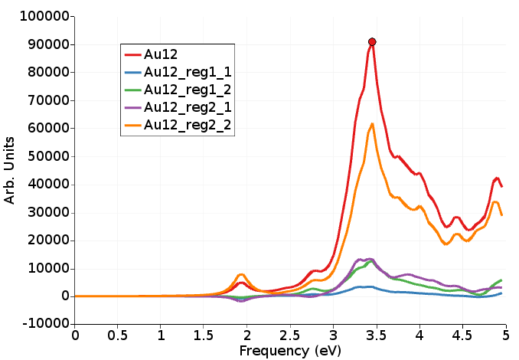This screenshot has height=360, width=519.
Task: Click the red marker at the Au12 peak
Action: tap(372, 42)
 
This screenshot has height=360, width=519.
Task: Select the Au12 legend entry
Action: tap(161, 54)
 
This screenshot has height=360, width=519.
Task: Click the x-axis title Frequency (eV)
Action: tap(289, 350)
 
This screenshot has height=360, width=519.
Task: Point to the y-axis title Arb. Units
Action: tap(10, 170)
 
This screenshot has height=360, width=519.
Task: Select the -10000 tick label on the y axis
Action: tap(38, 325)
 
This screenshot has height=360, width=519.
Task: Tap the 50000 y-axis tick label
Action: tap(41, 156)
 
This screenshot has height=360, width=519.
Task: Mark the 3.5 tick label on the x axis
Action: tap(376, 335)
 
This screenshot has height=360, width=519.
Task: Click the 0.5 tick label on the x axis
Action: tap(118, 335)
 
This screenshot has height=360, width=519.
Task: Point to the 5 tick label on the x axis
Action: tap(505, 335)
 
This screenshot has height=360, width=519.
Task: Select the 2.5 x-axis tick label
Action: tap(290, 335)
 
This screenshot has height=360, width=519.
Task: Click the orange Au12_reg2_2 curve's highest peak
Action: tap(372, 124)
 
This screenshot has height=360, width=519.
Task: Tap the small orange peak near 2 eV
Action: tap(241, 274)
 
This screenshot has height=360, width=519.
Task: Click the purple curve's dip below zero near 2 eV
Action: tap(242, 301)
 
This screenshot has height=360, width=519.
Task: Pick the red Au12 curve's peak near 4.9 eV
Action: tap(496, 178)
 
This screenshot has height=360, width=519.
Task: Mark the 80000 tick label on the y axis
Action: tap(41, 72)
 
